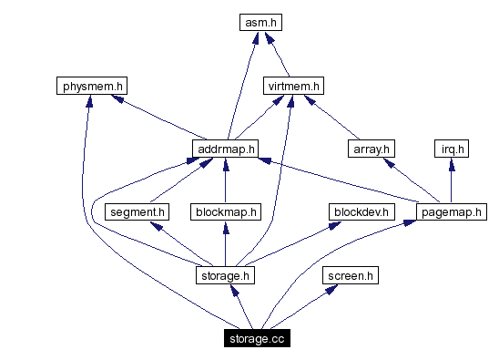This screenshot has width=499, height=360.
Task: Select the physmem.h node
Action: [x=89, y=87]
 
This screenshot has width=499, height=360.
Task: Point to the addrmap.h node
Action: [x=225, y=149]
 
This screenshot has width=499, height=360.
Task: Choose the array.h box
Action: [x=371, y=149]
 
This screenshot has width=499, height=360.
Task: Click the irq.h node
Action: [x=451, y=149]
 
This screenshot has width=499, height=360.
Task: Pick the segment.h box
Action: [x=137, y=211]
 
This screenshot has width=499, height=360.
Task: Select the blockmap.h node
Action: [x=226, y=211]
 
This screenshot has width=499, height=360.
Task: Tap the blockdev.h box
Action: [x=361, y=211]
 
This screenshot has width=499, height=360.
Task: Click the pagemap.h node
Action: [x=451, y=211]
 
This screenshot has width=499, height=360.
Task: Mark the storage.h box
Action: [x=225, y=274]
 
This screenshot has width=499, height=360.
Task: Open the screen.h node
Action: [x=350, y=274]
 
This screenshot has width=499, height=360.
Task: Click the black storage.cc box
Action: [x=257, y=338]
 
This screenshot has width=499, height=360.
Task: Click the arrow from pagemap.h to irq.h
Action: [x=451, y=180]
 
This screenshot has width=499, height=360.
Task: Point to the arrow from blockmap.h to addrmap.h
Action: [x=226, y=180]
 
